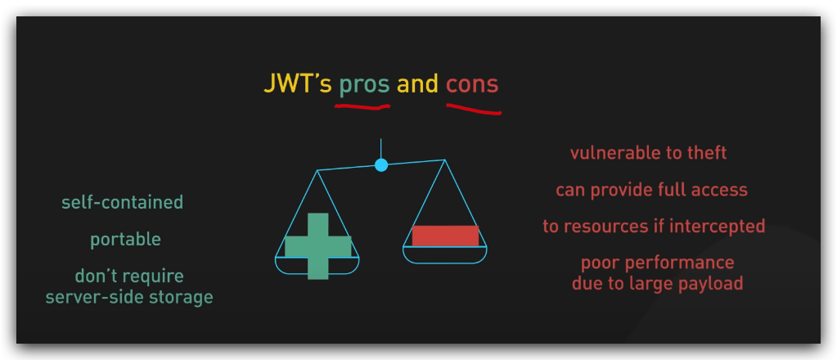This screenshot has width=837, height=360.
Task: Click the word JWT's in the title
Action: (x=298, y=83)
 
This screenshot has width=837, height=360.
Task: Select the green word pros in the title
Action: (x=365, y=86)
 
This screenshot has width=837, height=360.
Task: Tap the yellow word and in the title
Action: (x=417, y=83)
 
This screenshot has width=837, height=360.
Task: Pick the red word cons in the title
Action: (x=472, y=85)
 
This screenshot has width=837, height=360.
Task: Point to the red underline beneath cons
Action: (x=474, y=110)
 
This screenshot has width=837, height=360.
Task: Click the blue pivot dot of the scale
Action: (x=381, y=165)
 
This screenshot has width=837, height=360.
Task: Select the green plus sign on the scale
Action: (x=318, y=246)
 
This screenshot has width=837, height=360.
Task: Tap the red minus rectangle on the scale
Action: (x=445, y=236)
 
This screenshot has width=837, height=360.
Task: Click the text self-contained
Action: (x=122, y=202)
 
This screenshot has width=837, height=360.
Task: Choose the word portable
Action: (x=125, y=240)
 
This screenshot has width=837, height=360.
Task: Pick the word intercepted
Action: (x=717, y=227)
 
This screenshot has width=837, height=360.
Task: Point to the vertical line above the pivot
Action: (x=380, y=148)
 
